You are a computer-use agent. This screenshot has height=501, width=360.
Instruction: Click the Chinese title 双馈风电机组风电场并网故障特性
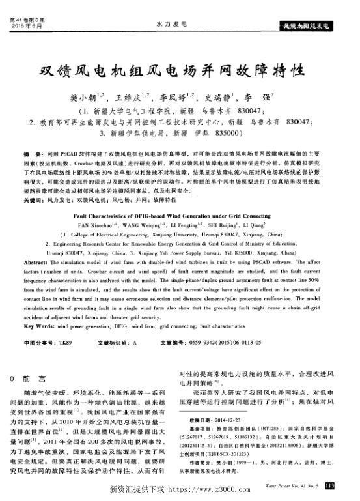pos(179,69)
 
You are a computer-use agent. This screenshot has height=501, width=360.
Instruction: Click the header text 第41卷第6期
pos(26,20)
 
